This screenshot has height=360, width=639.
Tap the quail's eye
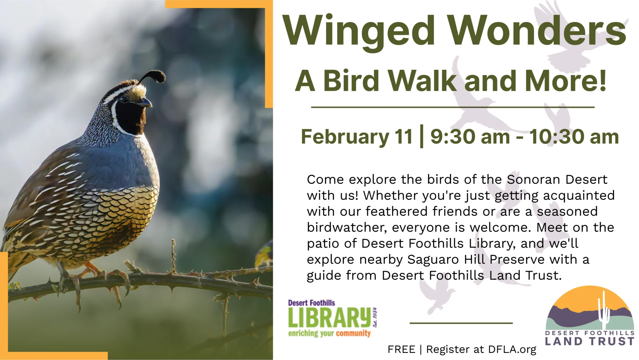coord(124,99)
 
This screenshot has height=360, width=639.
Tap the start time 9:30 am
coord(470,137)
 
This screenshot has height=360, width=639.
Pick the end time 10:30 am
coord(574,137)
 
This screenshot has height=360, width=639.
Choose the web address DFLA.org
coord(512,349)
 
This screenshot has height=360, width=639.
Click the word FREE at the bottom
coord(401,349)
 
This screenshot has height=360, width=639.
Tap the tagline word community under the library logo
coord(353,333)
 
